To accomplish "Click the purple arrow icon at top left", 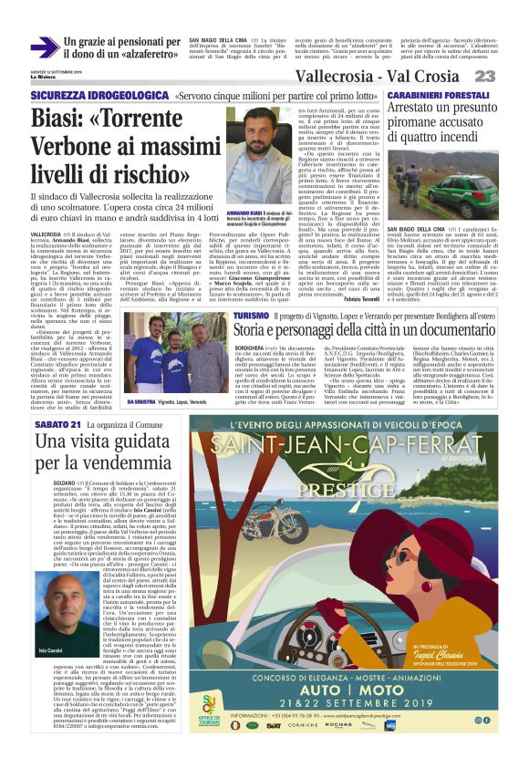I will tap(45, 47).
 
